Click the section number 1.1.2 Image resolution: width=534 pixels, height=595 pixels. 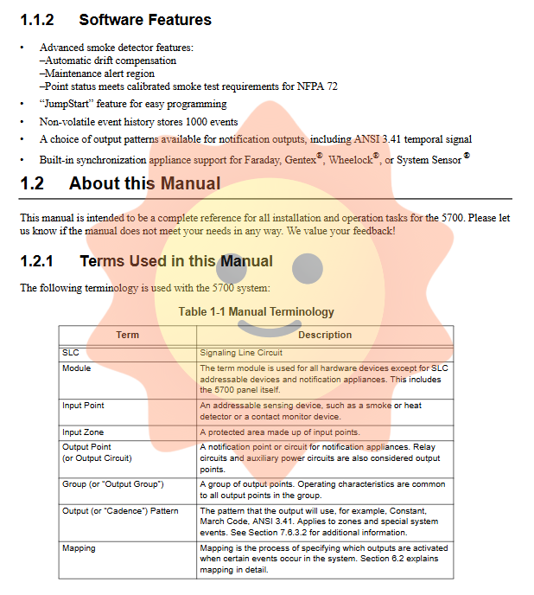tap(37, 19)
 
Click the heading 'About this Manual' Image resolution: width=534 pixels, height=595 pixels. tap(144, 183)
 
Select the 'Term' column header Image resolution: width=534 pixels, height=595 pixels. tap(127, 335)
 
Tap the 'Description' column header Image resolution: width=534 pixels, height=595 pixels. tap(324, 335)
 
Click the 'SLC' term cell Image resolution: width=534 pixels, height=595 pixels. tap(70, 353)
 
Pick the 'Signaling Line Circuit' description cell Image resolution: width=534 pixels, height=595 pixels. tap(241, 353)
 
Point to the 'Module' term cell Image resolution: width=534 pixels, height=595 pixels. tap(76, 368)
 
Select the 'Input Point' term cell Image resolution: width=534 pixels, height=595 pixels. tap(83, 406)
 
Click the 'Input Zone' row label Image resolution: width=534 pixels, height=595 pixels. tap(83, 432)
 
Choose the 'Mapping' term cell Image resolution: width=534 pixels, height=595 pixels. tap(79, 548)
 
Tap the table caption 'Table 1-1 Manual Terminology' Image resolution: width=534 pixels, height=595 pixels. tap(256, 311)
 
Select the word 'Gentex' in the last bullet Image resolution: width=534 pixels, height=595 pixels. tap(300, 160)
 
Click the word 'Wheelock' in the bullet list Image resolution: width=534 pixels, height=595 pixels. tap(349, 160)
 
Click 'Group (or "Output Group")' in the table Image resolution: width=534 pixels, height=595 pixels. tap(112, 484)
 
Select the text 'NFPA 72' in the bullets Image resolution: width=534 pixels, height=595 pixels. tap(317, 86)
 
